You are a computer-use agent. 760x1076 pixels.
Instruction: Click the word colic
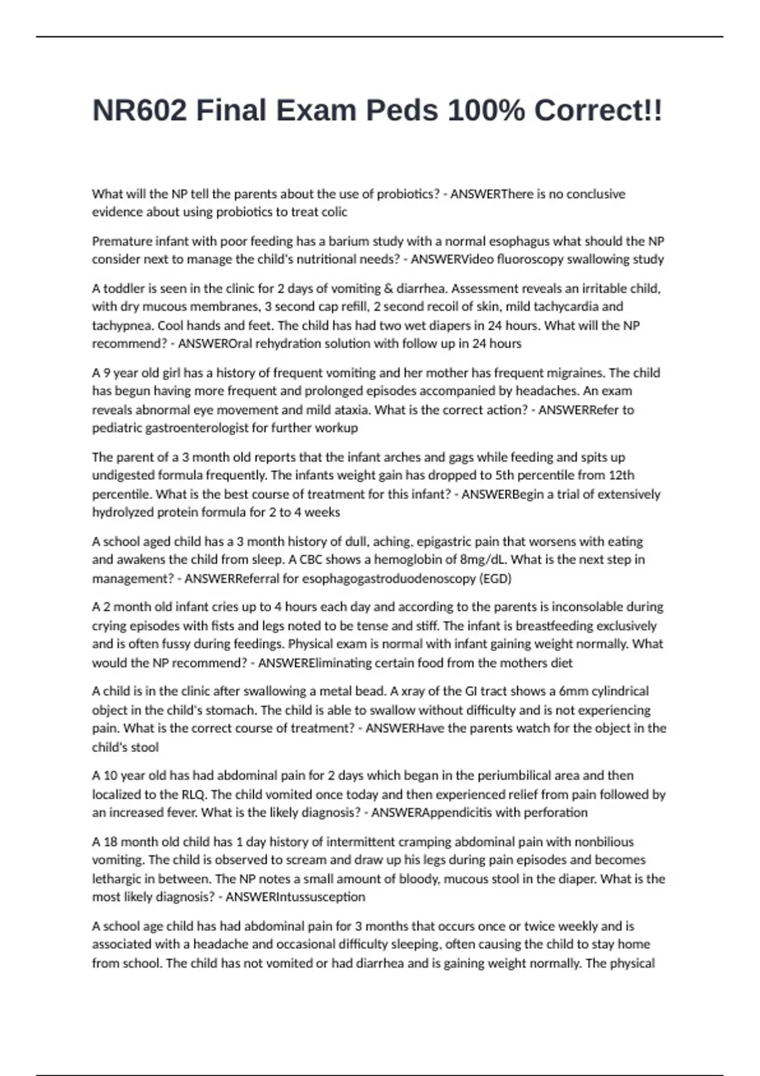coord(333,212)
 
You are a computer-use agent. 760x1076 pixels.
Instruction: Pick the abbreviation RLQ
coord(191,794)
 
